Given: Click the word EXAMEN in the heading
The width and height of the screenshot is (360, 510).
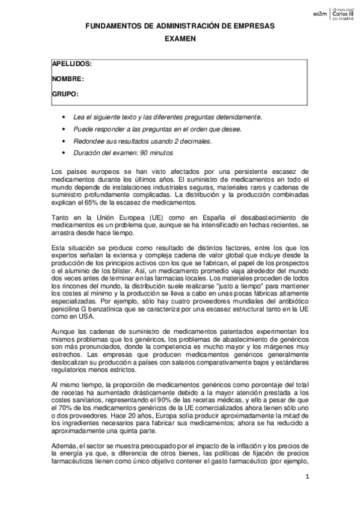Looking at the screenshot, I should pos(180,37).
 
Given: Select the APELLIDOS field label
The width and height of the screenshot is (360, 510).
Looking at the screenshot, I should pos(72,64).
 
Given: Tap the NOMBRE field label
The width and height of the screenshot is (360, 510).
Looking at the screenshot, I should pos(67,79).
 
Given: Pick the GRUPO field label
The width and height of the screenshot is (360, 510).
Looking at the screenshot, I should pos(66,94).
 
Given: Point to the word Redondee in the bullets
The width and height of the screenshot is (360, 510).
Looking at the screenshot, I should pos(87,141).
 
